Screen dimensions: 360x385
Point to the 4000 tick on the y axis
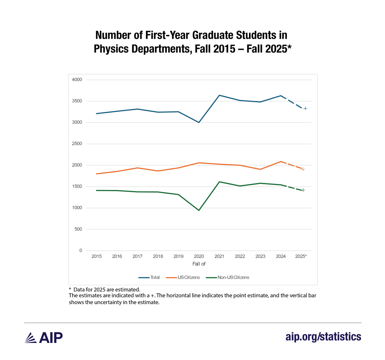tap(77, 80)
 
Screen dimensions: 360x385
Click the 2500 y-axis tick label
tap(77, 144)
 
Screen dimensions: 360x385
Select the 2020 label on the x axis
tap(199, 256)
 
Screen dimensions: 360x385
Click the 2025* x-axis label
tap(301, 256)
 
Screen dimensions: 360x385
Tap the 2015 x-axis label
tap(97, 256)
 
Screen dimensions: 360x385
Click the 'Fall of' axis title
tap(199, 264)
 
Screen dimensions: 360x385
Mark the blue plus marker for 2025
tap(305, 108)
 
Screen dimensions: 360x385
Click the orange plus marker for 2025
tap(303, 169)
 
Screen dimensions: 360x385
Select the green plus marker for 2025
tap(303, 190)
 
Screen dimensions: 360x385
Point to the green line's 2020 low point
tap(199, 210)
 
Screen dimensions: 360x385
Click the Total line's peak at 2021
tap(219, 95)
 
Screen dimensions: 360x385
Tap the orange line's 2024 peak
tap(281, 161)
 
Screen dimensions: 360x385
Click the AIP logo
tap(44, 338)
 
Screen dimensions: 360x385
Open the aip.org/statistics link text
tap(323, 337)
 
